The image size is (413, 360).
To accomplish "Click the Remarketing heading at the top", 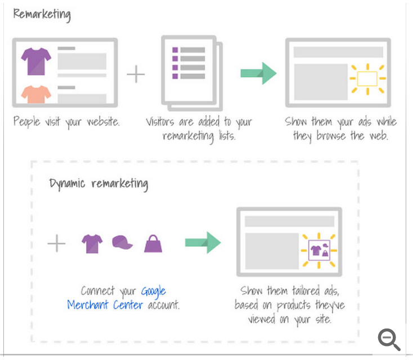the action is [x=42, y=15].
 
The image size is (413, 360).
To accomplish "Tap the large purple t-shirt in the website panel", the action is [x=36, y=61].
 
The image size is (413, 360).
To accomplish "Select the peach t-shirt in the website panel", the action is [x=36, y=94].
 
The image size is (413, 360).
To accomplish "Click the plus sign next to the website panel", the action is [x=136, y=74].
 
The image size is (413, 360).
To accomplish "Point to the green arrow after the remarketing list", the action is [x=258, y=73].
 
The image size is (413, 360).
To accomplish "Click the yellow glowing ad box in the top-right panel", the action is [x=367, y=79].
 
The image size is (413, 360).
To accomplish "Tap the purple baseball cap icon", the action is [x=122, y=242].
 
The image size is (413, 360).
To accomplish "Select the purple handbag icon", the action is [x=153, y=244].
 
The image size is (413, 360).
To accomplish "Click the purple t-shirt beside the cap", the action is [x=92, y=244].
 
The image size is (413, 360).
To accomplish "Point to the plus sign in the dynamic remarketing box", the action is [x=56, y=243].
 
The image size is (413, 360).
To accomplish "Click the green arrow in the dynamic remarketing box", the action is [x=203, y=242].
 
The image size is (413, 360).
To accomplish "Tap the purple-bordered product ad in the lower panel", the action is [x=319, y=250].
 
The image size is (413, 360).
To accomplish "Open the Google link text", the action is [x=153, y=291].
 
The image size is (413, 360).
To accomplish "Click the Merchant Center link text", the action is [x=105, y=305].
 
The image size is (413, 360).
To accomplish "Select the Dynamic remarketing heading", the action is [x=98, y=183].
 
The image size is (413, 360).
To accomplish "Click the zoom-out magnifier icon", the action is [x=389, y=339].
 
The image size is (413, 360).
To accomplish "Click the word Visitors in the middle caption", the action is [x=160, y=121].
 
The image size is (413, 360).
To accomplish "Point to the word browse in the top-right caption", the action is [x=331, y=136].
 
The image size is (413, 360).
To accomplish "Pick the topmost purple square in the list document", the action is [x=175, y=50].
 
